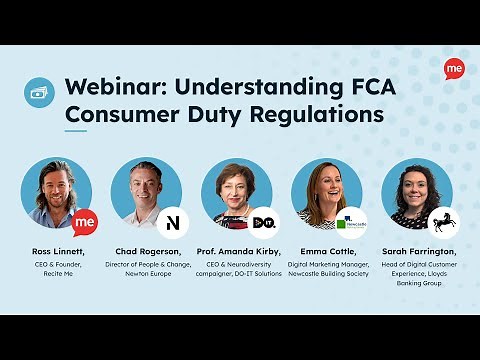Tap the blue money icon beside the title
tap(39, 92)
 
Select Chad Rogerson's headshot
tap(145, 193)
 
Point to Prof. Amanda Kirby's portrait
tap(235, 193)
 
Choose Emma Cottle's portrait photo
tap(325, 193)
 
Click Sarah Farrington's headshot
tap(415, 193)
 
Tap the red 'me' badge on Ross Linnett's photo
tap(85, 221)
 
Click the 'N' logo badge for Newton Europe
tap(174, 221)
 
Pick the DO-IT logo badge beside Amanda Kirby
tap(264, 221)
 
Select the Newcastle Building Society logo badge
tap(354, 221)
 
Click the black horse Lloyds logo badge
tap(444, 221)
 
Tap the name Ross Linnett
tap(57, 249)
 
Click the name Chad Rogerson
tap(146, 249)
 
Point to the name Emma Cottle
tap(327, 249)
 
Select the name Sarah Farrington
tap(417, 249)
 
